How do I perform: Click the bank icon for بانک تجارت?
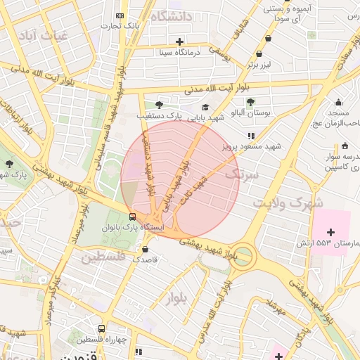pyautogui.click(x=120, y=15)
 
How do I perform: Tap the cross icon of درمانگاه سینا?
pyautogui.click(x=180, y=41)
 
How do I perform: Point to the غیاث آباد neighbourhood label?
pyautogui.click(x=44, y=34)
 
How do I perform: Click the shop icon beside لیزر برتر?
pyautogui.click(x=259, y=53)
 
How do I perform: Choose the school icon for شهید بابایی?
pyautogui.click(x=205, y=108)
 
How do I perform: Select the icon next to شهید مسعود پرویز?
pyautogui.click(x=250, y=136)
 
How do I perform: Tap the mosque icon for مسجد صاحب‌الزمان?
pyautogui.click(x=338, y=102)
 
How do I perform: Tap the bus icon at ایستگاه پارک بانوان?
pyautogui.click(x=133, y=217)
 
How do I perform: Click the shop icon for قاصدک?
pyautogui.click(x=146, y=248)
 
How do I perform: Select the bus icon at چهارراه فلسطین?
pyautogui.click(x=102, y=328)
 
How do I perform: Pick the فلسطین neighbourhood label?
pyautogui.click(x=103, y=257)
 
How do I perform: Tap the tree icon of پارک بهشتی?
pyautogui.click(x=9, y=164)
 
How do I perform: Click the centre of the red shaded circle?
pyautogui.click(x=181, y=179)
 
